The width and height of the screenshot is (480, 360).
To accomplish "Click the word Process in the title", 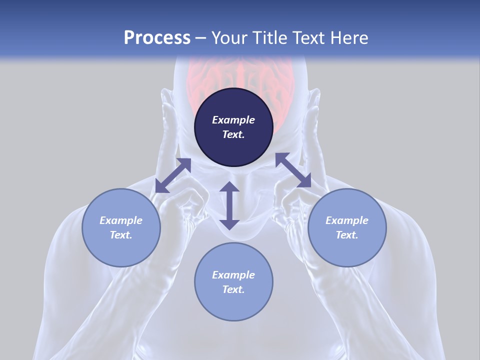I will click(157, 38).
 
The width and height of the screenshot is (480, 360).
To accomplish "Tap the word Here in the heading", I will click(348, 38).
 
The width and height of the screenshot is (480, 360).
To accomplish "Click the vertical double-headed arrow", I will click(229, 205).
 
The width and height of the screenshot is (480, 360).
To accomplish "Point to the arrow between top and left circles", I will click(173, 175).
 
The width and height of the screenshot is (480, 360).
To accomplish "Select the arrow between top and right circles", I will click(293, 170).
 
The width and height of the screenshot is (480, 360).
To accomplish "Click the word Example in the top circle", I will click(233, 120).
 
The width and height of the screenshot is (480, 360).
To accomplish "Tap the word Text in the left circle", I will click(121, 235).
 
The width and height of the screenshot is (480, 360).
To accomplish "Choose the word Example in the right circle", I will click(347, 220).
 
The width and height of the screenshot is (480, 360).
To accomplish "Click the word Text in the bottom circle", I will click(233, 289).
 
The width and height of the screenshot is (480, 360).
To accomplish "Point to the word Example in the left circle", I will click(121, 220).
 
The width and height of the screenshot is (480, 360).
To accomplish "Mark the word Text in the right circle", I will click(347, 235).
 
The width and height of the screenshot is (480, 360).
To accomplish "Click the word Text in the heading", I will click(309, 38).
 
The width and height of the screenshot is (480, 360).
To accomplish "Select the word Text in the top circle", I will click(233, 134).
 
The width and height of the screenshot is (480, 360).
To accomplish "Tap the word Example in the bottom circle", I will click(233, 275).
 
